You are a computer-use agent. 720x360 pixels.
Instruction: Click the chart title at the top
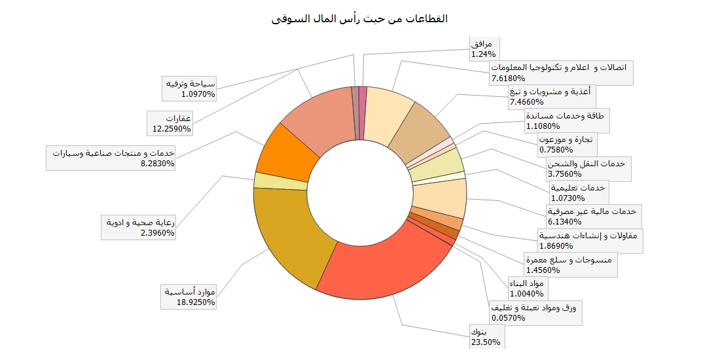359,18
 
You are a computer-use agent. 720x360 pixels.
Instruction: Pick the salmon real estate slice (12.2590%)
314,118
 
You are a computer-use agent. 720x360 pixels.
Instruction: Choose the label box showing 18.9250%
189,297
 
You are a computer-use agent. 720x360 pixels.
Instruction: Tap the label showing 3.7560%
588,169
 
